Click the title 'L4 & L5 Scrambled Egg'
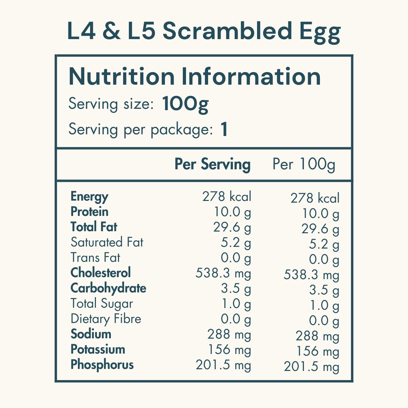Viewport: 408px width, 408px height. pyautogui.click(x=204, y=32)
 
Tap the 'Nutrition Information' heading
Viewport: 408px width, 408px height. pyautogui.click(x=194, y=76)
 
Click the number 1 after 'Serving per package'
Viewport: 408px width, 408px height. pyautogui.click(x=224, y=130)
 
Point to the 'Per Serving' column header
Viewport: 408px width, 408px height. pyautogui.click(x=213, y=164)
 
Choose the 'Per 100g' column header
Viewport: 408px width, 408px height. pyautogui.click(x=304, y=164)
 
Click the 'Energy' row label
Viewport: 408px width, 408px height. pyautogui.click(x=89, y=197)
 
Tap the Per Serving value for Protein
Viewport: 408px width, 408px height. pyautogui.click(x=232, y=213)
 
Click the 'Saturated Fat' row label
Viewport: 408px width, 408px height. pyautogui.click(x=107, y=242)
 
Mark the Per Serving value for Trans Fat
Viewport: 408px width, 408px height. pyautogui.click(x=236, y=258)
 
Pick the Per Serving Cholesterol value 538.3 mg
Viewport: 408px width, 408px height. pyautogui.click(x=223, y=273)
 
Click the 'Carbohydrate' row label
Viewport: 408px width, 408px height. pyautogui.click(x=108, y=288)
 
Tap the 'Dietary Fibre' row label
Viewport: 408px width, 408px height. pyautogui.click(x=106, y=319)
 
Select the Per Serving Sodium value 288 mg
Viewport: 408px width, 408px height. pyautogui.click(x=229, y=335)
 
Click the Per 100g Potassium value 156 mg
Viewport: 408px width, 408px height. pyautogui.click(x=318, y=351)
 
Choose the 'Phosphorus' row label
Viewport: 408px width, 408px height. pyautogui.click(x=102, y=365)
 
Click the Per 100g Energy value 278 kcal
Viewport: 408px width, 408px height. pyautogui.click(x=315, y=198)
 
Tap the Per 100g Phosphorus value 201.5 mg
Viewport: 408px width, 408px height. pyautogui.click(x=311, y=367)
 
